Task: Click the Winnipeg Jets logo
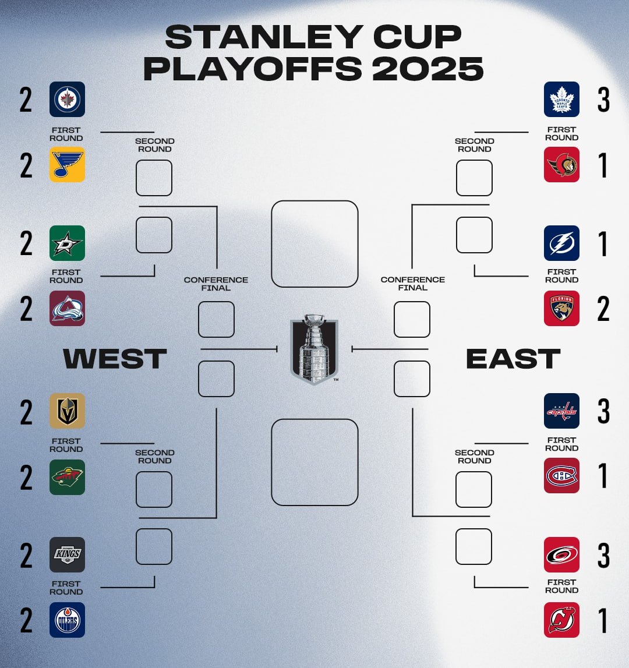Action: click(x=68, y=99)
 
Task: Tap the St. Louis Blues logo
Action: click(x=68, y=164)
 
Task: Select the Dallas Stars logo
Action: click(x=68, y=243)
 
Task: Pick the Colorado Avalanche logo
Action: click(x=68, y=309)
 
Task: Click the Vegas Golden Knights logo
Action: click(x=68, y=411)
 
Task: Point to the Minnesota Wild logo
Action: click(x=68, y=477)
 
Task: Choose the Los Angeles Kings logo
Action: click(x=68, y=554)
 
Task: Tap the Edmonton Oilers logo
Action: click(x=68, y=620)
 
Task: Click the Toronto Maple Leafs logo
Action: click(x=561, y=99)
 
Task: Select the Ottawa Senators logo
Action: click(x=561, y=164)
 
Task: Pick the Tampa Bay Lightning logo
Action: click(x=561, y=243)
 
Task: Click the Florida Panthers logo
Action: click(x=561, y=309)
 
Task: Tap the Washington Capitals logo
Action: click(x=561, y=411)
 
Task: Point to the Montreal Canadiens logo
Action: click(x=561, y=475)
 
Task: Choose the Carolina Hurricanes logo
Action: click(x=561, y=554)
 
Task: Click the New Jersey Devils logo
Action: click(x=561, y=620)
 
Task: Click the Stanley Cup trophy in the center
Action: click(x=314, y=349)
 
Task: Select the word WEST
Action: click(x=115, y=358)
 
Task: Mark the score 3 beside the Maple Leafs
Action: click(x=603, y=100)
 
